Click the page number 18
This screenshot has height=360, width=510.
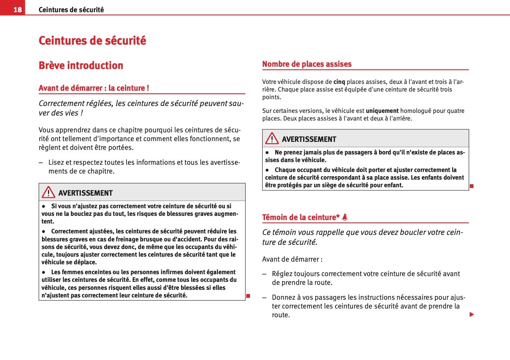point(18,10)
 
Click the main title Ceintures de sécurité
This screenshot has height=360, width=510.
point(92,40)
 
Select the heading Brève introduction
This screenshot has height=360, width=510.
point(81,66)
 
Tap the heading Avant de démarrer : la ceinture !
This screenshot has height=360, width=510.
point(94,88)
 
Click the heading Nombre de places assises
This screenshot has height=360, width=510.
point(307,64)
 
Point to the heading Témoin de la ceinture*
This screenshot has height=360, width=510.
point(301,217)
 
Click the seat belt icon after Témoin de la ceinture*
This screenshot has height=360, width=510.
point(345,217)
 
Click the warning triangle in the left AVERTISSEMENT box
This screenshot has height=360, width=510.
point(48,192)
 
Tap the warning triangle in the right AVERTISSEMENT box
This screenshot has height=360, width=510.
point(272,138)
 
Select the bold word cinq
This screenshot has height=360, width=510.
point(339,82)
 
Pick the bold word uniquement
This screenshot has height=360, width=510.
point(382,111)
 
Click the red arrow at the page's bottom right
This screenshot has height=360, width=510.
point(472,315)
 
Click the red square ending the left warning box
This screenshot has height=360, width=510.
point(248,296)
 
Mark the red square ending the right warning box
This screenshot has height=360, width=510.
point(472,186)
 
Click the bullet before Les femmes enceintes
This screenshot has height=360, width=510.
point(44,272)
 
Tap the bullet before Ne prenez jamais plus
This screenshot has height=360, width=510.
point(268,153)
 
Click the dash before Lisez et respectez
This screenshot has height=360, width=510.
point(41,162)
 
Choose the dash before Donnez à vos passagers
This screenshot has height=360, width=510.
point(265,297)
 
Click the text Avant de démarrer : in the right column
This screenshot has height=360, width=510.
point(292,259)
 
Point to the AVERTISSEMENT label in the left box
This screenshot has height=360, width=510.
point(85,193)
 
